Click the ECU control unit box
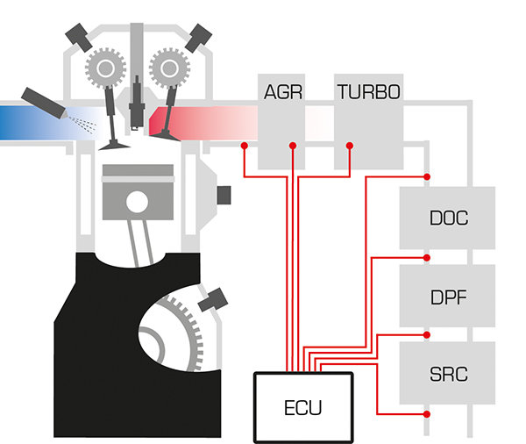[303, 407]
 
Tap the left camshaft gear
[104, 66]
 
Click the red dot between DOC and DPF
[426, 258]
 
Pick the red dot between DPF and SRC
[426, 336]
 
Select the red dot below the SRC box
[426, 413]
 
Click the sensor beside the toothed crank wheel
[210, 304]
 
